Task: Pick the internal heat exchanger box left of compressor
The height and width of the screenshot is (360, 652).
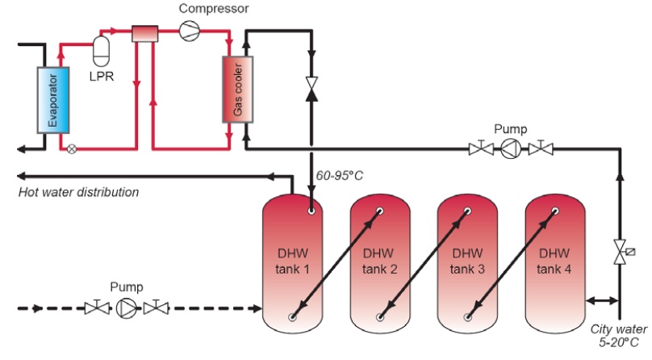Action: click(x=146, y=32)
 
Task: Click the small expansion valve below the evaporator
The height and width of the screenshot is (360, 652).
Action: click(x=72, y=149)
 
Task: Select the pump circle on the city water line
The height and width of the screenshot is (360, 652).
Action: click(x=512, y=148)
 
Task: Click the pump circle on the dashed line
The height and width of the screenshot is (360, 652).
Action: click(x=127, y=308)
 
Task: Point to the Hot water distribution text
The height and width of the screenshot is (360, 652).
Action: click(x=79, y=193)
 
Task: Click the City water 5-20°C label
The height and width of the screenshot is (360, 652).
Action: click(x=619, y=335)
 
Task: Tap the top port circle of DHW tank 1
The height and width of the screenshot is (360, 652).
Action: click(x=311, y=211)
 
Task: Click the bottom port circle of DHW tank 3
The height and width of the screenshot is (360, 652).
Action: click(x=468, y=316)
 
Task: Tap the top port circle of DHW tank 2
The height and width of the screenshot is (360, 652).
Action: click(x=379, y=211)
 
